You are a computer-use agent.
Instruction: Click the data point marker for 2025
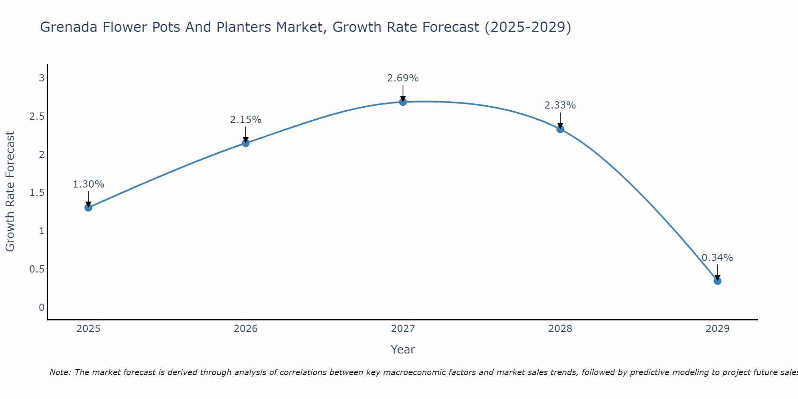click(89, 207)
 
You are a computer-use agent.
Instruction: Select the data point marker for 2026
click(246, 143)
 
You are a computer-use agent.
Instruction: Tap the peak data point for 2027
click(403, 102)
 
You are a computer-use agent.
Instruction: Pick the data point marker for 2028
click(560, 129)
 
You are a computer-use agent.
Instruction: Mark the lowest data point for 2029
click(717, 281)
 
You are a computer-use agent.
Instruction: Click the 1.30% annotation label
click(89, 184)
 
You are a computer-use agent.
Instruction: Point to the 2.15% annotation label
click(246, 120)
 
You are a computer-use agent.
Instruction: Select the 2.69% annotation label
click(403, 78)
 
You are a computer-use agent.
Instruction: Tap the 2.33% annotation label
click(560, 105)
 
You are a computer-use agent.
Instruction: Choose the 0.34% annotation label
click(717, 258)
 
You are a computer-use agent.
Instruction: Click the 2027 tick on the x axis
click(403, 329)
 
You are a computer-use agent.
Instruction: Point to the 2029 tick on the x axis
click(717, 329)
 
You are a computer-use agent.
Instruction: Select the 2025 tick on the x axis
click(89, 329)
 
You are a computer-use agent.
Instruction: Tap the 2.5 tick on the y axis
click(37, 117)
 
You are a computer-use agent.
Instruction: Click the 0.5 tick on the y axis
click(37, 269)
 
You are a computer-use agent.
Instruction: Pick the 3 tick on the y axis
click(41, 78)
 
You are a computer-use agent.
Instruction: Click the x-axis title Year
click(403, 350)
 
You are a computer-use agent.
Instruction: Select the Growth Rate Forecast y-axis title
click(10, 192)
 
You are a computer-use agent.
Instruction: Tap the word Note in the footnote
click(60, 372)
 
